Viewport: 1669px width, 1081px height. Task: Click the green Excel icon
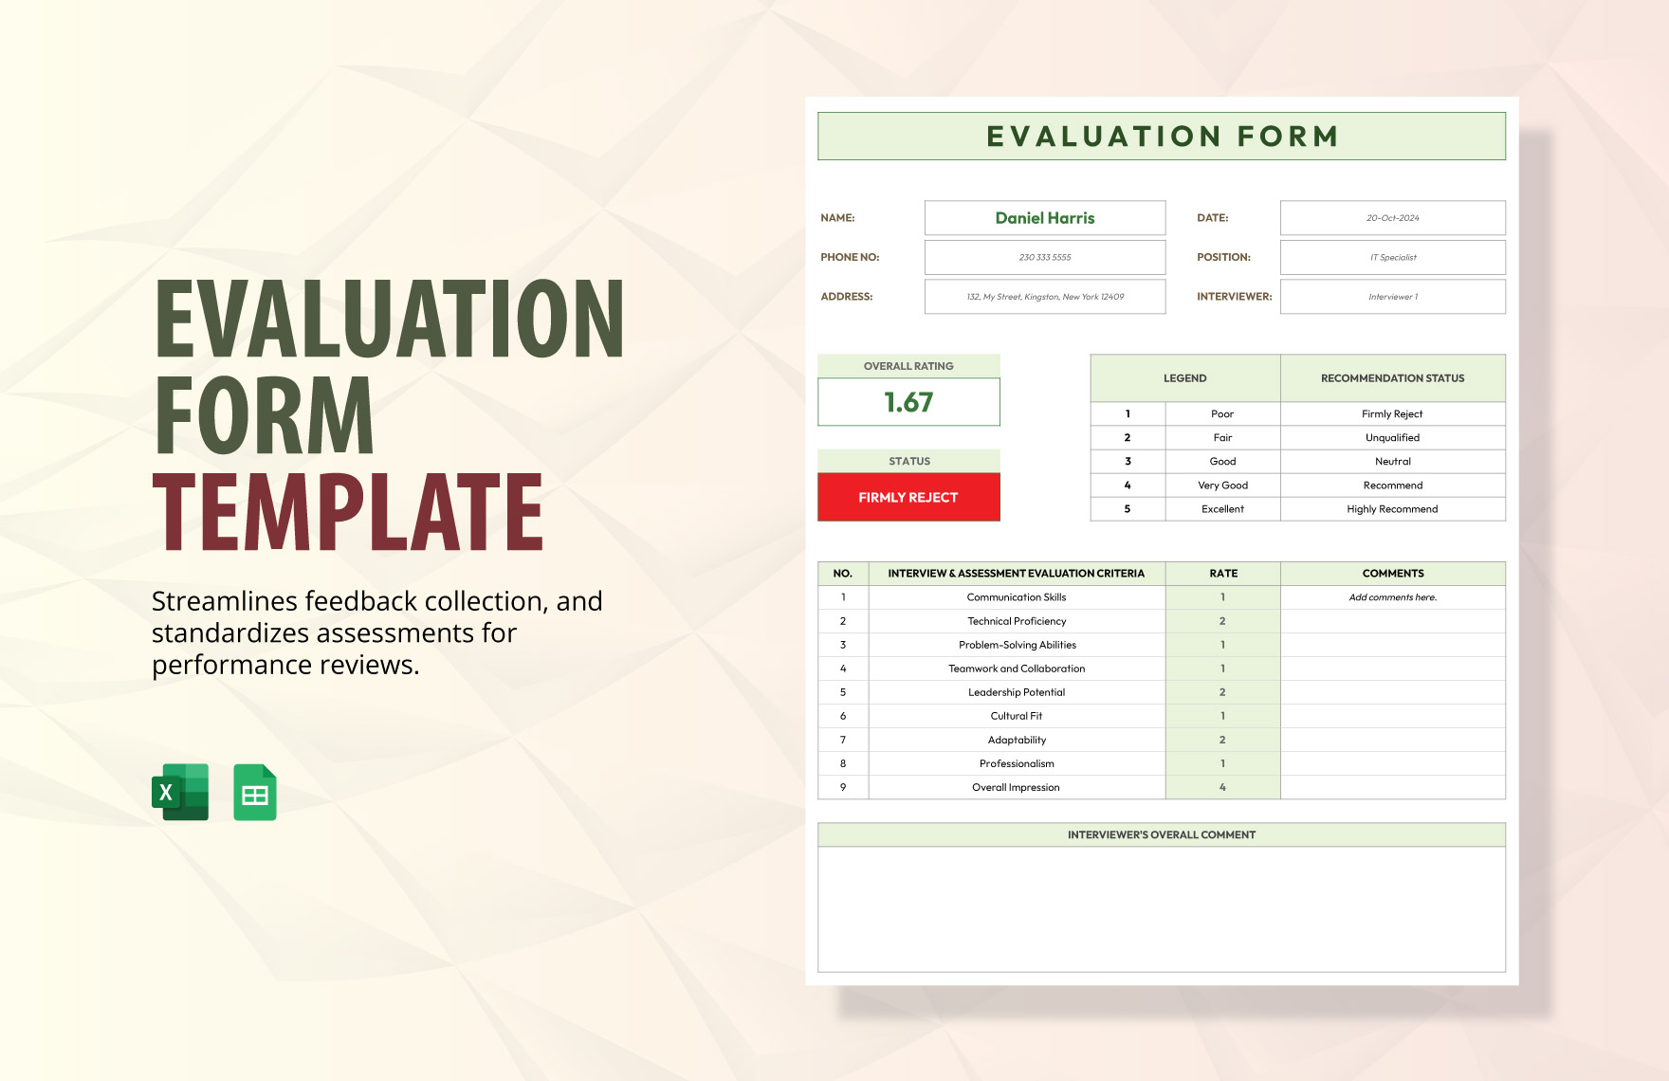click(x=180, y=792)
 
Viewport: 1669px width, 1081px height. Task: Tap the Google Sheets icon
click(x=255, y=793)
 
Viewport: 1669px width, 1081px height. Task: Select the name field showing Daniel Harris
click(x=1044, y=218)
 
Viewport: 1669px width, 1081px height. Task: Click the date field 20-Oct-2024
click(x=1392, y=218)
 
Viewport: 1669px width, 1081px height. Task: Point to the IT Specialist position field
click(x=1392, y=257)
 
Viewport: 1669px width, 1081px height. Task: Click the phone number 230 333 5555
click(x=1044, y=257)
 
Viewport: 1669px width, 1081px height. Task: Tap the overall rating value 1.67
click(x=908, y=402)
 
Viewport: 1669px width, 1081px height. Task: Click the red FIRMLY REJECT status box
click(x=908, y=497)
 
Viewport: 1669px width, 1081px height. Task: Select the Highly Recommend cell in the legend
click(x=1392, y=509)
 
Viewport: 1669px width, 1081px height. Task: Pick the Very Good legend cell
click(x=1222, y=486)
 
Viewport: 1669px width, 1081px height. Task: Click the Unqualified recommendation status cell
click(x=1392, y=438)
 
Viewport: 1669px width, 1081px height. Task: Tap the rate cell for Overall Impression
click(x=1222, y=787)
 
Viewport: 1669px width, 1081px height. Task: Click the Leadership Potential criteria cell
click(x=1016, y=692)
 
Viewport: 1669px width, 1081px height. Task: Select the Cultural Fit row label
click(x=1016, y=716)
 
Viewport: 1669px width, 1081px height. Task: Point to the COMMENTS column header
click(x=1392, y=574)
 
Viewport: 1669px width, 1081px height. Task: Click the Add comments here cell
click(x=1392, y=597)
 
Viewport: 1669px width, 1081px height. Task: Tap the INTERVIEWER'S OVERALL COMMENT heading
click(x=1161, y=834)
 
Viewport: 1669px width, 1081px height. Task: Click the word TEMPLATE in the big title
click(x=348, y=512)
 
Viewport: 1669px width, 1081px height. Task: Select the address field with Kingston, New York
click(x=1044, y=297)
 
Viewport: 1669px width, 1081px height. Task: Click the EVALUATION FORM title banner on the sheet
click(x=1161, y=137)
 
